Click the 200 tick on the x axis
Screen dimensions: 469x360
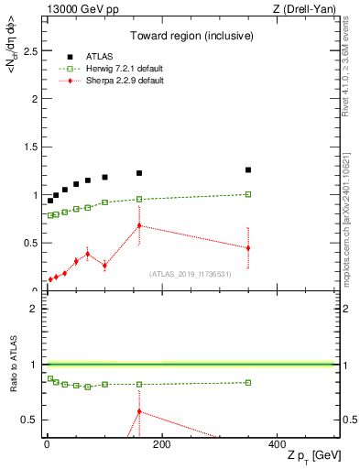click(x=160, y=444)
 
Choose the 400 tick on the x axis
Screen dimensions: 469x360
click(x=277, y=444)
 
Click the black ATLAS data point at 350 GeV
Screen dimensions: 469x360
click(x=247, y=169)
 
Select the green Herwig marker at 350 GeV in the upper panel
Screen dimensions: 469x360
click(x=247, y=194)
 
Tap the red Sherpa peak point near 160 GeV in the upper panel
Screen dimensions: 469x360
click(x=139, y=225)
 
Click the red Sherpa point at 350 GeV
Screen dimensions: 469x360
click(x=247, y=248)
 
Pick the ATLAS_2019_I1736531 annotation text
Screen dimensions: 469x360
click(x=191, y=274)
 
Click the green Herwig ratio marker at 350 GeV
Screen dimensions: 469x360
click(x=247, y=382)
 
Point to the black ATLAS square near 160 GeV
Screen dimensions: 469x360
click(x=139, y=173)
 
